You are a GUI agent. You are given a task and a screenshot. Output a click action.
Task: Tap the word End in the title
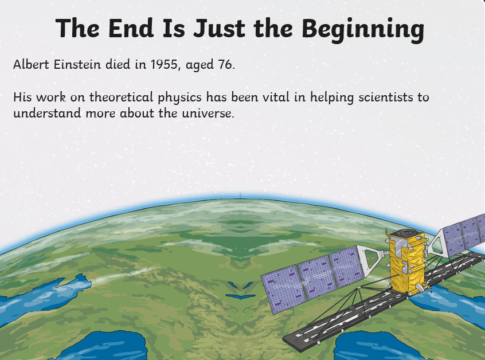pyautogui.click(x=131, y=28)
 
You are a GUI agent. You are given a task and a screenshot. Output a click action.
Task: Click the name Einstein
pyautogui.click(x=77, y=64)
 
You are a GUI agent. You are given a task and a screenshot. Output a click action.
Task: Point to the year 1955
pyautogui.click(x=166, y=65)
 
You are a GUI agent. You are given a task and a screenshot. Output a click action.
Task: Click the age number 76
pyautogui.click(x=226, y=64)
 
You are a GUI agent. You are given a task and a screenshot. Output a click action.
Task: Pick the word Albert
pyautogui.click(x=31, y=64)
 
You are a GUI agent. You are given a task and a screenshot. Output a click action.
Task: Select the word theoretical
pyautogui.click(x=121, y=97)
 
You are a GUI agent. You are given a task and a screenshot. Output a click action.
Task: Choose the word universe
pyautogui.click(x=208, y=113)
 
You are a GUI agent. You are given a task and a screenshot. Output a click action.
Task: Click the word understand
pyautogui.click(x=47, y=113)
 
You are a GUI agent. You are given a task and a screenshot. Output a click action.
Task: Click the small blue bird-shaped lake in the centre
pyautogui.click(x=240, y=297)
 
